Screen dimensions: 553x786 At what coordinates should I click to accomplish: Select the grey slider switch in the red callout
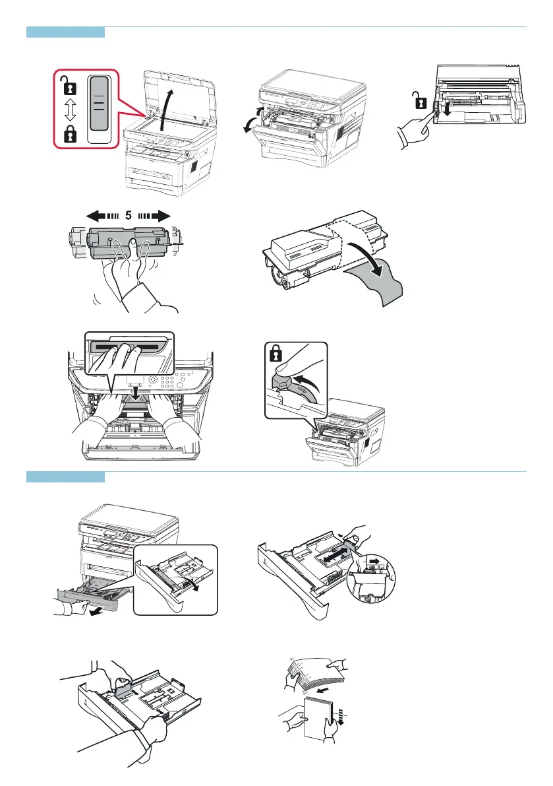click(101, 109)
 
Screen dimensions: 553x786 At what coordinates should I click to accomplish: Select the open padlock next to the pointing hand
click(421, 102)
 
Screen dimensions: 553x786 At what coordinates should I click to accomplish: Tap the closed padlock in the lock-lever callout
click(276, 354)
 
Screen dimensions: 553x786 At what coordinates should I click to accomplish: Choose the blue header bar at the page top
click(65, 32)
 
